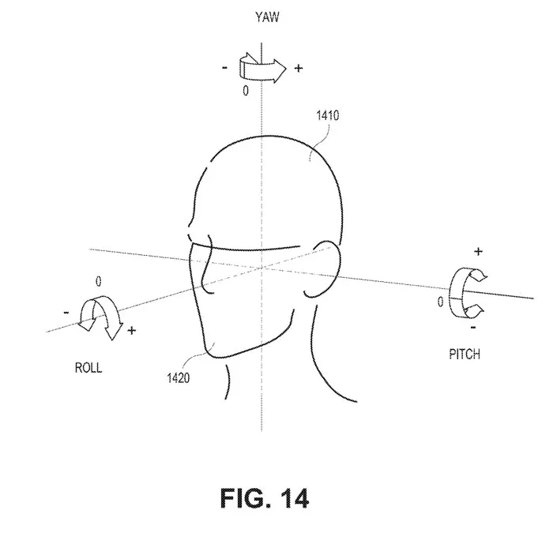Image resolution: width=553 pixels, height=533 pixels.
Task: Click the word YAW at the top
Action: (x=267, y=17)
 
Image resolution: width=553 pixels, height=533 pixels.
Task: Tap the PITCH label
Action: (x=465, y=354)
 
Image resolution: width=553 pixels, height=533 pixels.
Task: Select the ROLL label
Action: (x=88, y=368)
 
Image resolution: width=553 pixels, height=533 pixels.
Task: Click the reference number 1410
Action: (x=328, y=115)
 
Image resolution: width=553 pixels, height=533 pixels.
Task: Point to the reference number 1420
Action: (x=178, y=378)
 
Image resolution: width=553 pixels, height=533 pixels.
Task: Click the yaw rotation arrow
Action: (x=263, y=68)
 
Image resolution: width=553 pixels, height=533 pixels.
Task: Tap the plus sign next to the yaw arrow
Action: (x=299, y=68)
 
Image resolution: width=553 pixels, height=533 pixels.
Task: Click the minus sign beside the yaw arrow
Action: (x=224, y=68)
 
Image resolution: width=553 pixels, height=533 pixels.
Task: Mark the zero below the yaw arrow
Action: (x=246, y=91)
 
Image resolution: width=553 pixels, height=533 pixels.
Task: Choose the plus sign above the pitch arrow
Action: (x=478, y=251)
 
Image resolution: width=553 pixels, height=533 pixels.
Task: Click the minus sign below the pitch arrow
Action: (x=473, y=328)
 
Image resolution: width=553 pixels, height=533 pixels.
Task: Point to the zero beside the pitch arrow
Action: (x=441, y=302)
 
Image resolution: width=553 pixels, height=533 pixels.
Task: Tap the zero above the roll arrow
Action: (x=99, y=281)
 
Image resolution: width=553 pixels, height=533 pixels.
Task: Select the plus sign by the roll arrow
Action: (x=132, y=330)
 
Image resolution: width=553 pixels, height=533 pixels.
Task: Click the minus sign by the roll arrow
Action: (x=66, y=313)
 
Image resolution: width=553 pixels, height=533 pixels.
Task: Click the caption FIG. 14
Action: (x=265, y=498)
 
